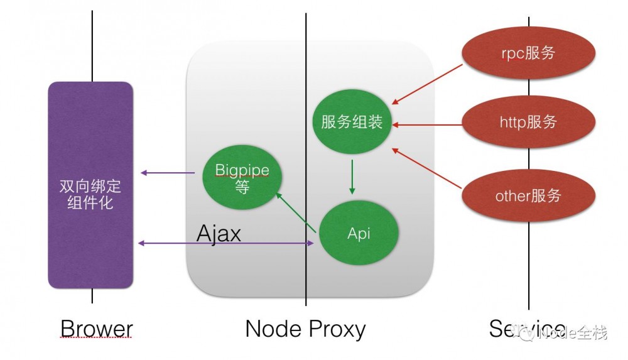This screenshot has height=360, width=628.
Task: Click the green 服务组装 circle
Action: pyautogui.click(x=352, y=122)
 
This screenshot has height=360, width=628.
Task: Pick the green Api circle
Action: pyautogui.click(x=359, y=234)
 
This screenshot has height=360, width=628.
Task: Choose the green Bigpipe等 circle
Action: pyautogui.click(x=242, y=178)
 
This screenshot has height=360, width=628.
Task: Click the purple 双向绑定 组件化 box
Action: pyautogui.click(x=90, y=185)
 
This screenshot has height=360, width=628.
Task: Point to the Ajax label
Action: pyautogui.click(x=219, y=234)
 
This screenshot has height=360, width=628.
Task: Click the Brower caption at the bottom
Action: pyautogui.click(x=96, y=329)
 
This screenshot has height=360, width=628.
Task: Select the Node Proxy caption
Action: pyautogui.click(x=305, y=329)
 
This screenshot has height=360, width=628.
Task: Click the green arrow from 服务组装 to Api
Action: pyautogui.click(x=352, y=177)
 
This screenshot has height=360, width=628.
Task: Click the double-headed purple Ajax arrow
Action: pyautogui.click(x=226, y=243)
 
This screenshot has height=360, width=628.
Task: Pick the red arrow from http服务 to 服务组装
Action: pyautogui.click(x=427, y=124)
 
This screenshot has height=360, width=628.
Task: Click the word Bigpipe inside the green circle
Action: pyautogui.click(x=242, y=170)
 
